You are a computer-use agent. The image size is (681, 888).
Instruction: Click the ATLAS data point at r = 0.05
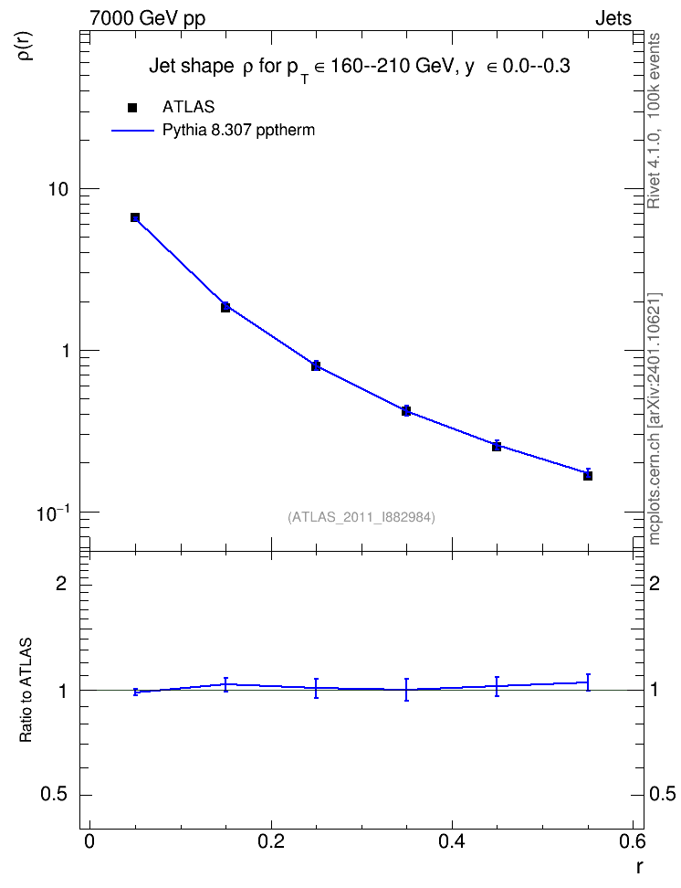pos(135,217)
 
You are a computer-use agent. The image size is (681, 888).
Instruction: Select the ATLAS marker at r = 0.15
pos(225,307)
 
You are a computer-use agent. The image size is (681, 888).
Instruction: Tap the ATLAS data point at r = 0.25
pos(316,365)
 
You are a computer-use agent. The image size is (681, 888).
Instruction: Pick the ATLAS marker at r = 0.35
pos(406,411)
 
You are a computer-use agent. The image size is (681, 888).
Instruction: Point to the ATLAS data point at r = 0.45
pos(497,446)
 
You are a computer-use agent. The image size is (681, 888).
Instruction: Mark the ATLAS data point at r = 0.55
pos(588,476)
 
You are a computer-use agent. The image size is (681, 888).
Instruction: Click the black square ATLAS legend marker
pos(133,108)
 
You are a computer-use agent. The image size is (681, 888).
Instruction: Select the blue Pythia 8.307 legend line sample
pos(133,131)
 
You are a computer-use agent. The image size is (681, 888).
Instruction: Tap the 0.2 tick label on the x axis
pos(270,841)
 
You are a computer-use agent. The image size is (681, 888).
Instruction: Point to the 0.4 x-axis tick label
pos(452,841)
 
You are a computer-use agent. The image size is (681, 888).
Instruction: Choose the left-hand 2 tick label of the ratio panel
pos(61,583)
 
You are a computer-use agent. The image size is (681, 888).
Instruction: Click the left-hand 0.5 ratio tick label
pos(55,795)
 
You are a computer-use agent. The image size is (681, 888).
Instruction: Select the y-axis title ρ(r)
pos(26,46)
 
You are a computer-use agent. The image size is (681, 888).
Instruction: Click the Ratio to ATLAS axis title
pos(26,691)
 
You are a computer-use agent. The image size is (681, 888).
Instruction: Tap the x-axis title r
pos(639,866)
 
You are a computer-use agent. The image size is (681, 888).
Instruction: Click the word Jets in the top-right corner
pos(613,18)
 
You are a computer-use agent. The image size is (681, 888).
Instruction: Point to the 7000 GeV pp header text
pos(147,18)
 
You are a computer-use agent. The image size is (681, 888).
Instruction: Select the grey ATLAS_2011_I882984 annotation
pos(361,517)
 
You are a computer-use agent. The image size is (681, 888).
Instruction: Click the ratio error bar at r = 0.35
pos(406,690)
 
